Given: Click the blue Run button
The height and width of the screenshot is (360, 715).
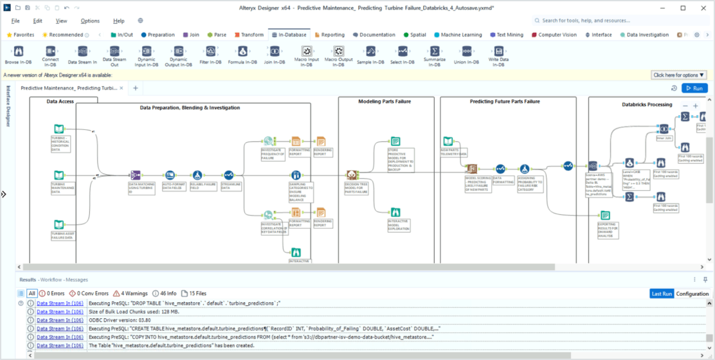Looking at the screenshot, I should (x=694, y=88).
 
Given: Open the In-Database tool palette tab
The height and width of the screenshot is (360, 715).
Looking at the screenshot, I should (x=289, y=35).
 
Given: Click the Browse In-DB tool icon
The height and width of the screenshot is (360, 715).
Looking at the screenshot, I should (x=18, y=52).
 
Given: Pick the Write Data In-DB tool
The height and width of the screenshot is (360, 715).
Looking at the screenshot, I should (x=498, y=52).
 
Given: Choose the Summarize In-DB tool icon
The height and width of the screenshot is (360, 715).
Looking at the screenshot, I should (x=435, y=52).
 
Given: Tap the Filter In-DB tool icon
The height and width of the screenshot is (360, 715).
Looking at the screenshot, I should (x=210, y=52).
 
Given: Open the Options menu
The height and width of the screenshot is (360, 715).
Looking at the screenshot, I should (x=90, y=21).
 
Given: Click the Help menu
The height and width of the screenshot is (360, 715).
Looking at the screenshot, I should (x=119, y=21).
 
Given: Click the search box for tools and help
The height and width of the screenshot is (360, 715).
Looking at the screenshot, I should (x=617, y=21).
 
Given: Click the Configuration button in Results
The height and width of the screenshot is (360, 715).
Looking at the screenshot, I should (x=692, y=293).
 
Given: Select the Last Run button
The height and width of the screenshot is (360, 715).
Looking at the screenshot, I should (x=662, y=293).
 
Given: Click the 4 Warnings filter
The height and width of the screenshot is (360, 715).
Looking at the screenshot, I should (x=131, y=293).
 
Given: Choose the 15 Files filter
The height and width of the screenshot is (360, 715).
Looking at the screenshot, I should (x=194, y=293).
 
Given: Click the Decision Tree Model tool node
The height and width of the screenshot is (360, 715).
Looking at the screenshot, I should (x=352, y=175).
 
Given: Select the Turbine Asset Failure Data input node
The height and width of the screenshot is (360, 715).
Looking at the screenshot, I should (x=59, y=224).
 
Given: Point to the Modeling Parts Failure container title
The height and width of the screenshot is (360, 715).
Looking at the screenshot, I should (x=384, y=102).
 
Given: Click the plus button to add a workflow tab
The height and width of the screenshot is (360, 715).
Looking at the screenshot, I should (x=136, y=88).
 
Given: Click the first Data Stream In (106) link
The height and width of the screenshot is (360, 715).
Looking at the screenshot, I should (x=60, y=303).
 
